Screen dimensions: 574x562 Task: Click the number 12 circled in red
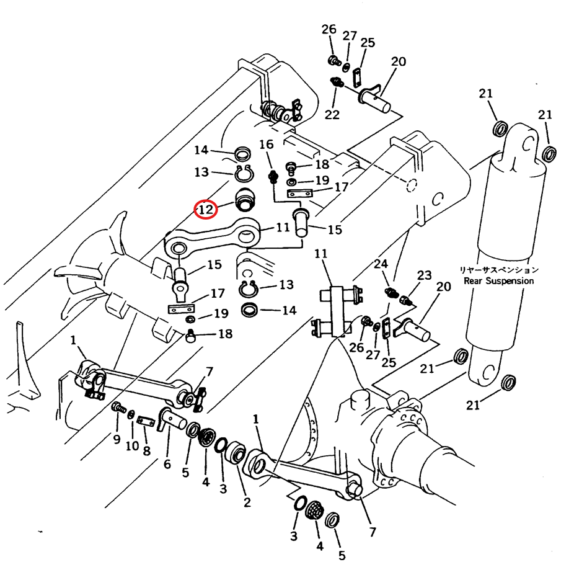[206, 210]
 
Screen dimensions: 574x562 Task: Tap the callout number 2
[247, 502]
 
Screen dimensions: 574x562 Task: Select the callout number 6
[167, 464]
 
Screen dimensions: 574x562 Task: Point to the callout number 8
[146, 450]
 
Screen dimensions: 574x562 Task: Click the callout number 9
[117, 439]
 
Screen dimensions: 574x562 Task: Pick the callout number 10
[132, 445]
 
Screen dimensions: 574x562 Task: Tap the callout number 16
[267, 145]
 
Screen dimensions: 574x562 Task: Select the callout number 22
[332, 115]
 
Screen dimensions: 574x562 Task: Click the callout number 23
[424, 275]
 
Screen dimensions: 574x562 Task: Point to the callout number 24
[381, 264]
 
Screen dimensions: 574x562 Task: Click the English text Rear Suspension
[498, 281]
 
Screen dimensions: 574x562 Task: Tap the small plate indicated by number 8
[145, 421]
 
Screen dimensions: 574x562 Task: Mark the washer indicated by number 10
[131, 414]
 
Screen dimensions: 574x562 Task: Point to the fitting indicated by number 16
[273, 177]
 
